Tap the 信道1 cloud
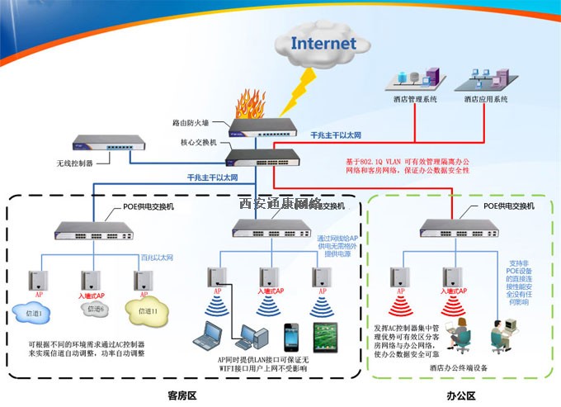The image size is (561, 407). [x=34, y=313]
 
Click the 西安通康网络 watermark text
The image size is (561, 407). [x=279, y=203]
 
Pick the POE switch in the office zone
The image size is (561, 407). [x=450, y=226]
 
